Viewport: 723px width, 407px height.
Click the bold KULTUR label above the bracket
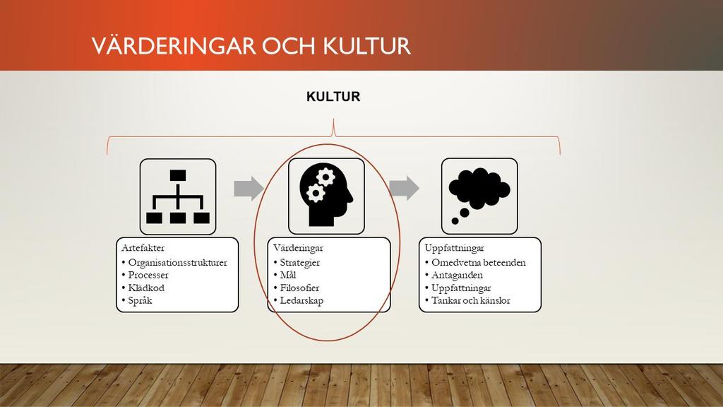point(333,96)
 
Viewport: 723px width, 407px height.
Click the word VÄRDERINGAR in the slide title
point(174,45)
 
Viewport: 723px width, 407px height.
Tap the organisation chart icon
point(177,197)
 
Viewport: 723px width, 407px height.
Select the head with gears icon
point(326,194)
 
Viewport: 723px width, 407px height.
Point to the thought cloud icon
point(479,196)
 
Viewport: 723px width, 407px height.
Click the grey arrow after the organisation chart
point(249,188)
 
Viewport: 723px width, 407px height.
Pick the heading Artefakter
point(143,248)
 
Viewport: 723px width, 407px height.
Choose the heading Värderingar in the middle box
point(299,248)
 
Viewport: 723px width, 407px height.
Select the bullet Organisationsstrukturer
point(177,263)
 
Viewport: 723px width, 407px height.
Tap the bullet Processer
point(148,275)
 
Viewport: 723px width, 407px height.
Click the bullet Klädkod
point(146,288)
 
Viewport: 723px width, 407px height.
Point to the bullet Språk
point(141,301)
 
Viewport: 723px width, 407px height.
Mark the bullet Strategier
point(299,263)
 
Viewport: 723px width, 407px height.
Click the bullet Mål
point(288,275)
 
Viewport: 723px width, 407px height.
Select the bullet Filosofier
point(299,288)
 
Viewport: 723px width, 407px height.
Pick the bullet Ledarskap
point(301,301)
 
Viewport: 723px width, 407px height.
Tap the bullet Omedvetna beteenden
point(479,263)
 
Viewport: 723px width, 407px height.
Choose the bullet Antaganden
point(457,276)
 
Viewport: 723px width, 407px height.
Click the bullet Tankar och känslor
point(471,301)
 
